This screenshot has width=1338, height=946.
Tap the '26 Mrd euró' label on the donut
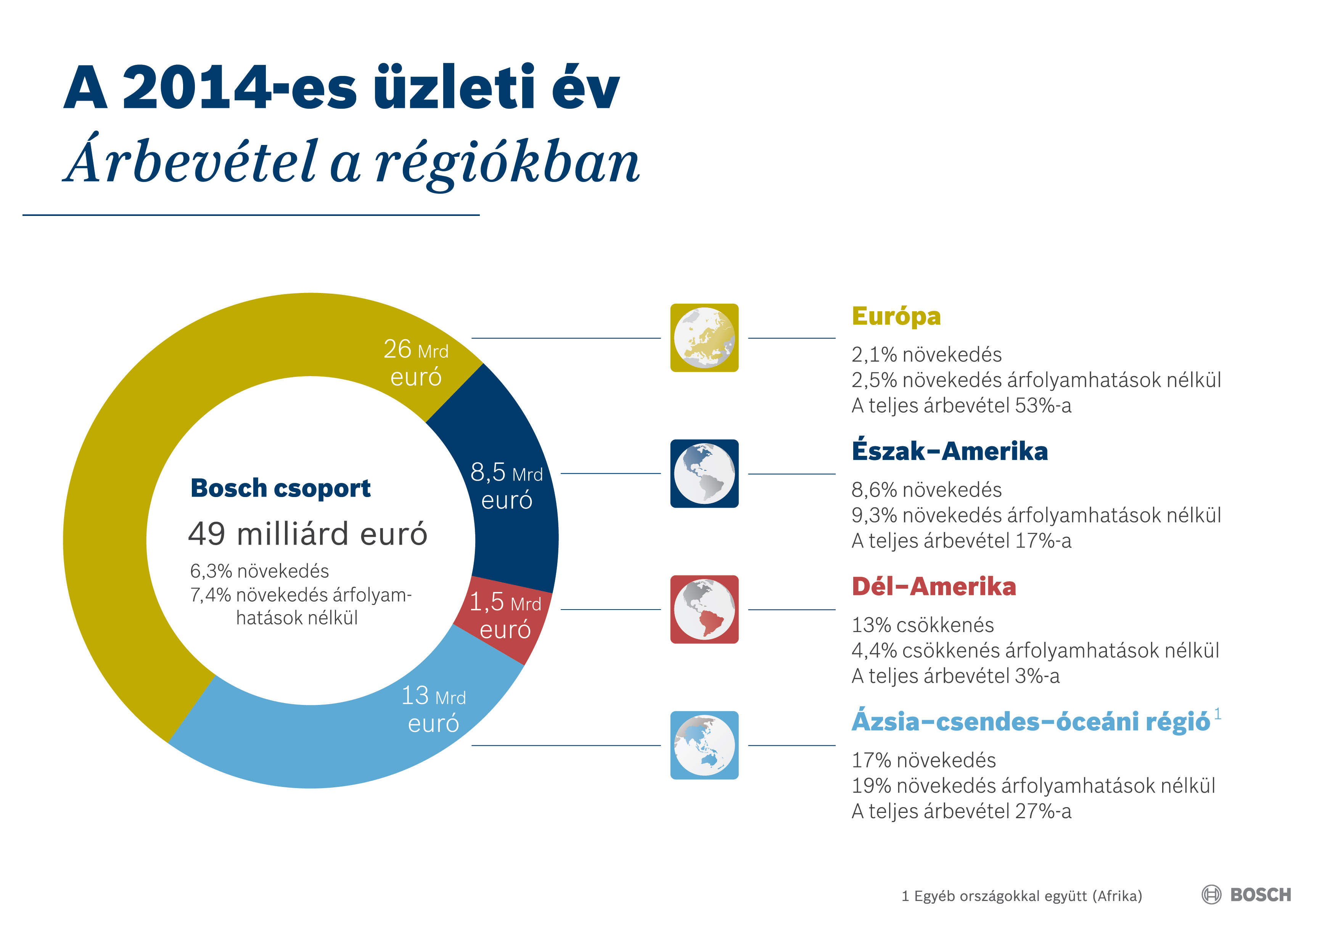click(415, 362)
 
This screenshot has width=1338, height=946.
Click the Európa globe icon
click(704, 338)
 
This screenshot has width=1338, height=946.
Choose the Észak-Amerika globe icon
click(704, 473)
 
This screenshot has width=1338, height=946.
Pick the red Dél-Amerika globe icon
click(704, 609)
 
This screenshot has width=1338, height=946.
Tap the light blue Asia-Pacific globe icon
click(704, 745)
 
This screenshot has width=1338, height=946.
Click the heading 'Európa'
click(896, 317)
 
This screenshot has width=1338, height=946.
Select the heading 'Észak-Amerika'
click(949, 451)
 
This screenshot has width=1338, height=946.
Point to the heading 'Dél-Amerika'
click(934, 586)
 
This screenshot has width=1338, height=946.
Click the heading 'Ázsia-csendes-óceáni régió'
click(1030, 722)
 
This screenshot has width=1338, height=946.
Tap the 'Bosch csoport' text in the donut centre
click(280, 488)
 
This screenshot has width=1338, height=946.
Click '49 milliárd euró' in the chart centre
click(308, 533)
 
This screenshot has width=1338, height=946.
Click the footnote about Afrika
click(1021, 896)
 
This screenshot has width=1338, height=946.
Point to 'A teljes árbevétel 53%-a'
click(961, 405)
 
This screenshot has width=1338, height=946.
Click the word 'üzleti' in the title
click(454, 87)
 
